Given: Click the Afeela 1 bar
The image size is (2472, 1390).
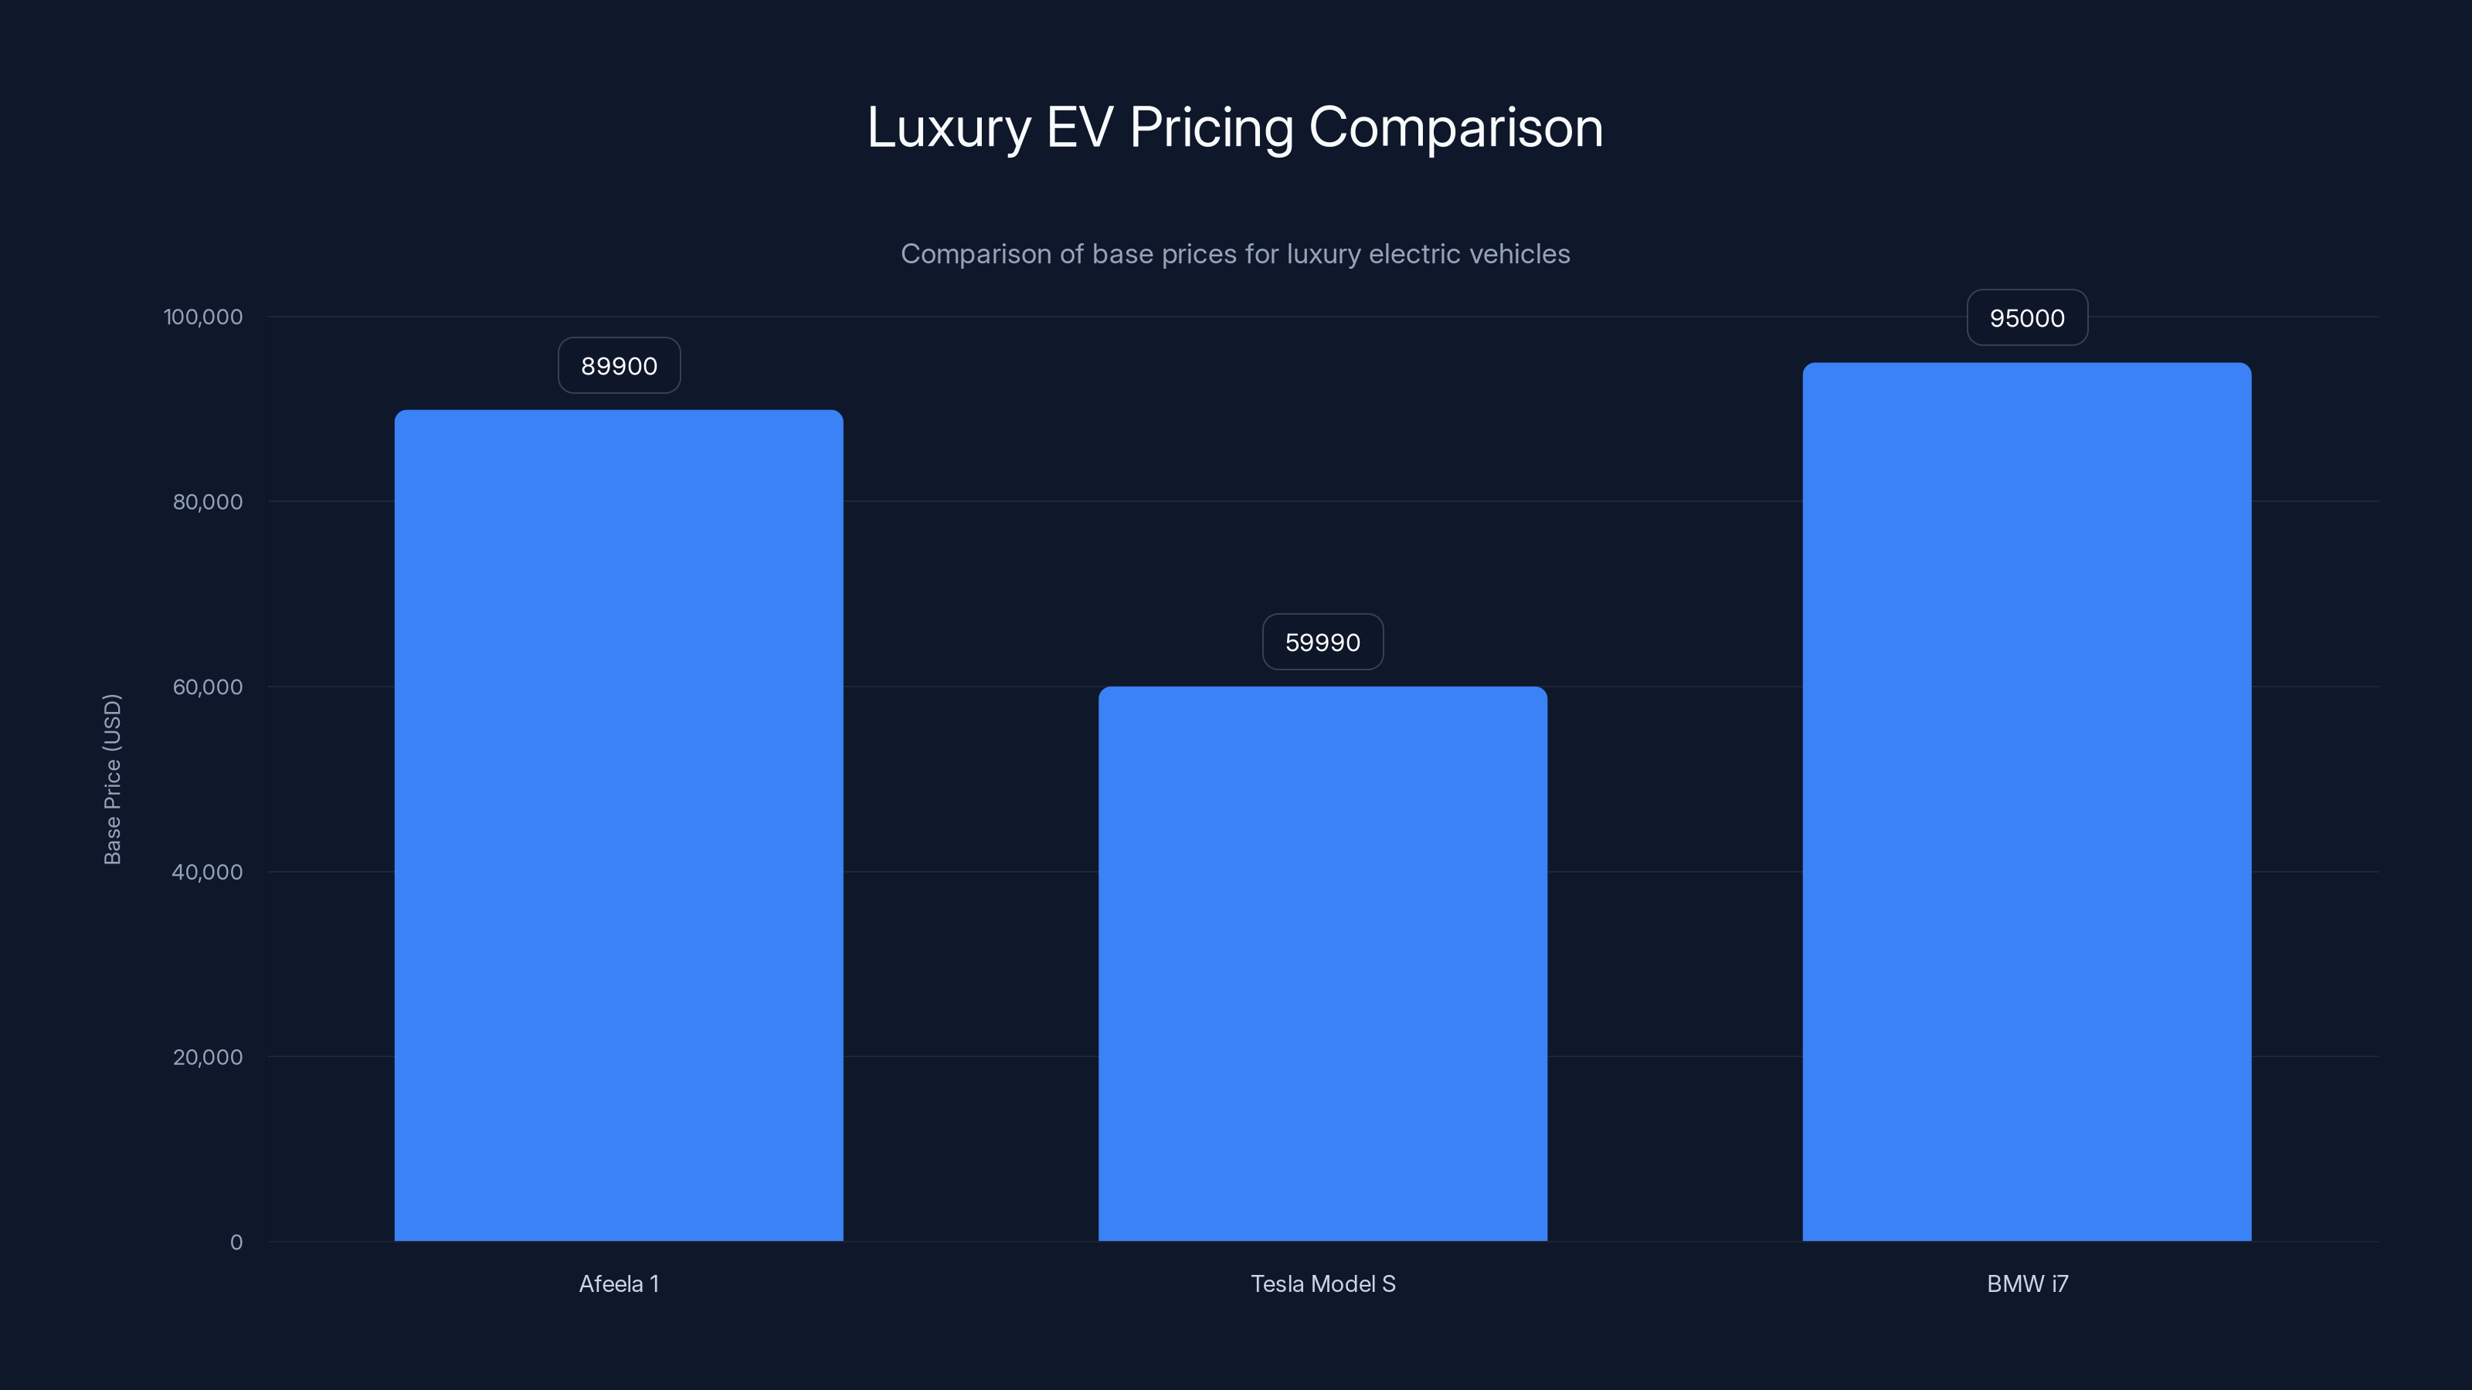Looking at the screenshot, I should [x=619, y=825].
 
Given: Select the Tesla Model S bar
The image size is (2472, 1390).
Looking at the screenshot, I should [x=1323, y=963].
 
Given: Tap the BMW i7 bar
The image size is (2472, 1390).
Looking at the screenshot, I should [x=2027, y=801].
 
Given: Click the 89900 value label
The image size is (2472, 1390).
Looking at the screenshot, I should [x=619, y=365].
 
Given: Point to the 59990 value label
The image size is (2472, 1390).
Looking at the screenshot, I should [x=1323, y=642].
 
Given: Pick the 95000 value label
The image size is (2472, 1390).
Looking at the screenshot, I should [x=2027, y=317].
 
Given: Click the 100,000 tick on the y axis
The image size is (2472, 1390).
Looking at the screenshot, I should [x=203, y=317].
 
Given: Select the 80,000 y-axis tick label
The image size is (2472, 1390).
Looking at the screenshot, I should [x=207, y=502].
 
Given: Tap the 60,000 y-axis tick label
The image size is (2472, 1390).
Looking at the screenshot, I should [x=207, y=687].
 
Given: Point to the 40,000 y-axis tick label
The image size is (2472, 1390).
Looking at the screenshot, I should [x=207, y=872].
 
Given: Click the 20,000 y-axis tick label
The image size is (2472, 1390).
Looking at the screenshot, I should [x=207, y=1057].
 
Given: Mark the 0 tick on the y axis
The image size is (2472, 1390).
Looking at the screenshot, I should [x=236, y=1243].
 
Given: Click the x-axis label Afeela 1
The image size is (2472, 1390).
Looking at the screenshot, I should [x=619, y=1283].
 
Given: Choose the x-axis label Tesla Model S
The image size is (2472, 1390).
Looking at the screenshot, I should [x=1323, y=1283].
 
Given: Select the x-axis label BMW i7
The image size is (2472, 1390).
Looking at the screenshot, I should [x=2027, y=1283].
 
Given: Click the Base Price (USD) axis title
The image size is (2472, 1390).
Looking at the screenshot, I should [x=112, y=779].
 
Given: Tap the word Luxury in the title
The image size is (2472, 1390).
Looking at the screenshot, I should [x=948, y=127].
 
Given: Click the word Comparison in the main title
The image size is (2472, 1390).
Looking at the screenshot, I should [x=1455, y=127].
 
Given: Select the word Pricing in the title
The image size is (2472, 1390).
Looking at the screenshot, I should [x=1211, y=127].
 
